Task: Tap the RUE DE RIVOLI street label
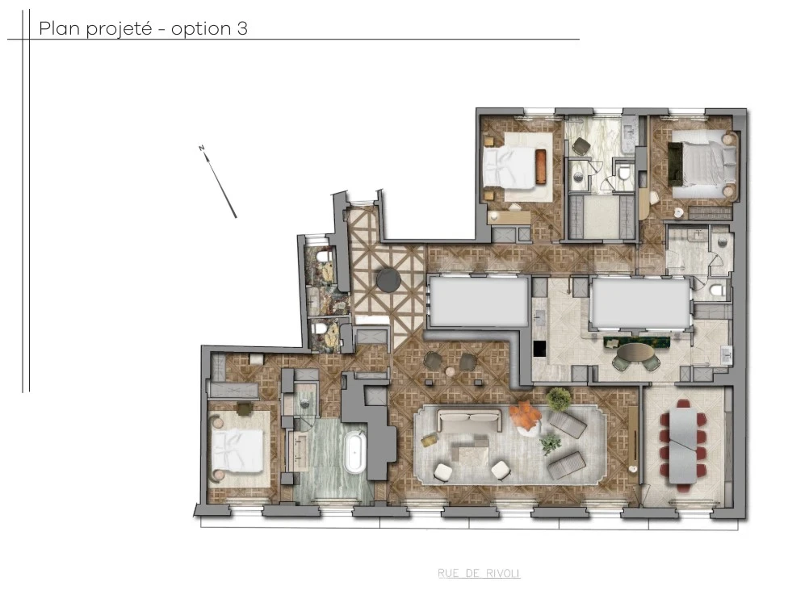click(479, 574)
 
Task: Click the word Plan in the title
click(57, 29)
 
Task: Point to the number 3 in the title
click(242, 29)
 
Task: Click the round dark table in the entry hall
click(388, 278)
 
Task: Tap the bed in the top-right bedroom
click(698, 166)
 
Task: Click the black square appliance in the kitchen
click(539, 349)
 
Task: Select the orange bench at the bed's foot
click(540, 166)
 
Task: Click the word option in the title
click(200, 30)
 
